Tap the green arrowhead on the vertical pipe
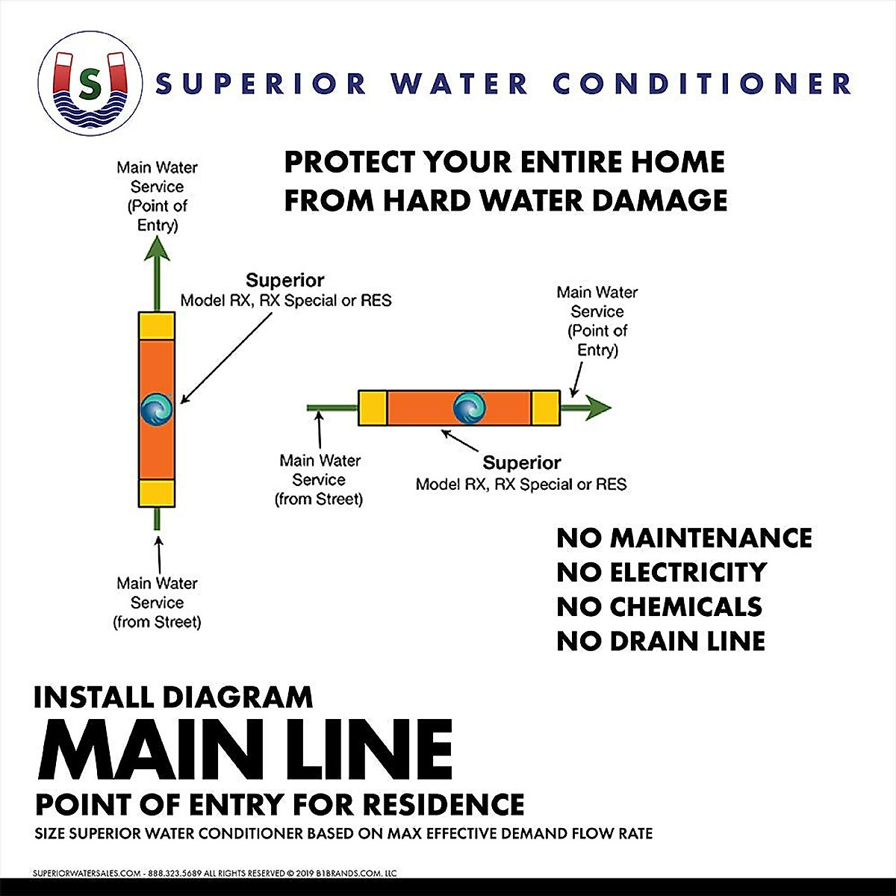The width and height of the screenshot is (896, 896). point(157,248)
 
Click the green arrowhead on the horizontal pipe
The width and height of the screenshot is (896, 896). point(597,408)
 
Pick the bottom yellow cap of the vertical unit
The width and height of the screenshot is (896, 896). point(157,493)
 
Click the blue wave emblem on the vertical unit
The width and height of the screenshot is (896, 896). point(157,409)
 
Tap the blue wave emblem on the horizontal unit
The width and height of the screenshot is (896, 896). point(470,408)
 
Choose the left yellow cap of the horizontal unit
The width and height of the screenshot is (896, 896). point(373,408)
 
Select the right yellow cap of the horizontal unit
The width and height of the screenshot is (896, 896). point(546,408)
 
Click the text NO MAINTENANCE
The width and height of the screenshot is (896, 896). point(684,538)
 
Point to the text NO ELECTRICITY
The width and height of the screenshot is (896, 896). point(662,572)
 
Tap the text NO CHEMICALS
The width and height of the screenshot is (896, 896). point(659,606)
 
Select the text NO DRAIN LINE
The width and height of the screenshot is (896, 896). point(661,641)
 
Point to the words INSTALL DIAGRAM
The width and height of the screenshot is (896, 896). point(173,697)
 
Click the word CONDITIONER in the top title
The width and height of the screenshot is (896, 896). point(702,84)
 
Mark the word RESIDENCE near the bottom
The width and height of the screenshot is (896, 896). point(443,805)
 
